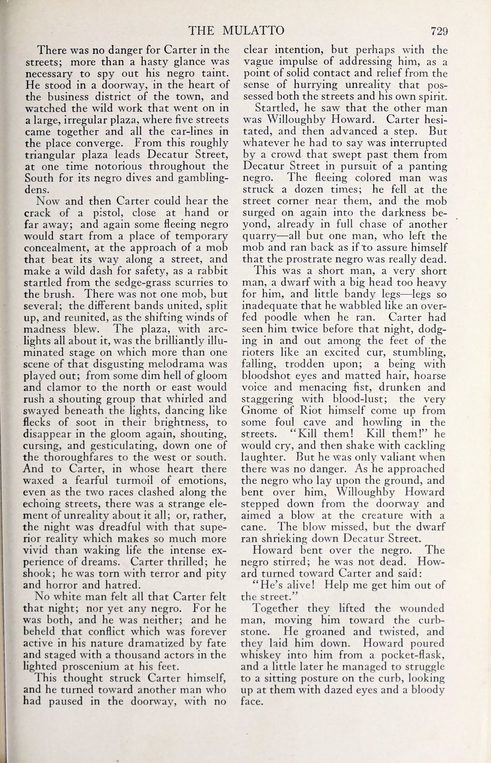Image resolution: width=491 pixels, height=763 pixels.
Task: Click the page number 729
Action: (439, 31)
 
